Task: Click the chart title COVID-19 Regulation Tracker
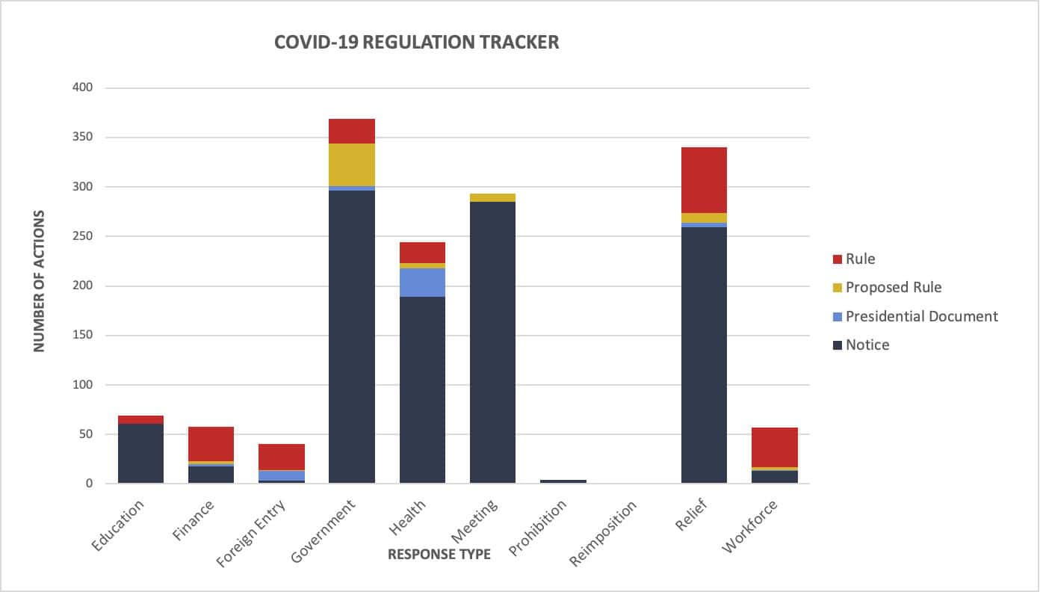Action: click(416, 43)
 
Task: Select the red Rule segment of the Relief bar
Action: click(704, 180)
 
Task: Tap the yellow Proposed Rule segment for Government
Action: click(352, 164)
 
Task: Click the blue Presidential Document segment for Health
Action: click(422, 283)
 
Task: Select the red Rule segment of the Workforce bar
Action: click(775, 447)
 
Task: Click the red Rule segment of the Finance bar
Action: click(211, 444)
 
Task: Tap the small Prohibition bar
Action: click(563, 481)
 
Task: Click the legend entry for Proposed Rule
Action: click(893, 288)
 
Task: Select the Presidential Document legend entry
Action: click(921, 316)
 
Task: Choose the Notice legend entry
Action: click(867, 345)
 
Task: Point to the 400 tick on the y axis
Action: click(82, 88)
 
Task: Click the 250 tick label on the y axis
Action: click(82, 236)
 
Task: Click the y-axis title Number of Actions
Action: click(40, 281)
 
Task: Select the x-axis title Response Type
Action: click(439, 554)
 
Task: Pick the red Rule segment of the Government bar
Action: click(352, 131)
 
